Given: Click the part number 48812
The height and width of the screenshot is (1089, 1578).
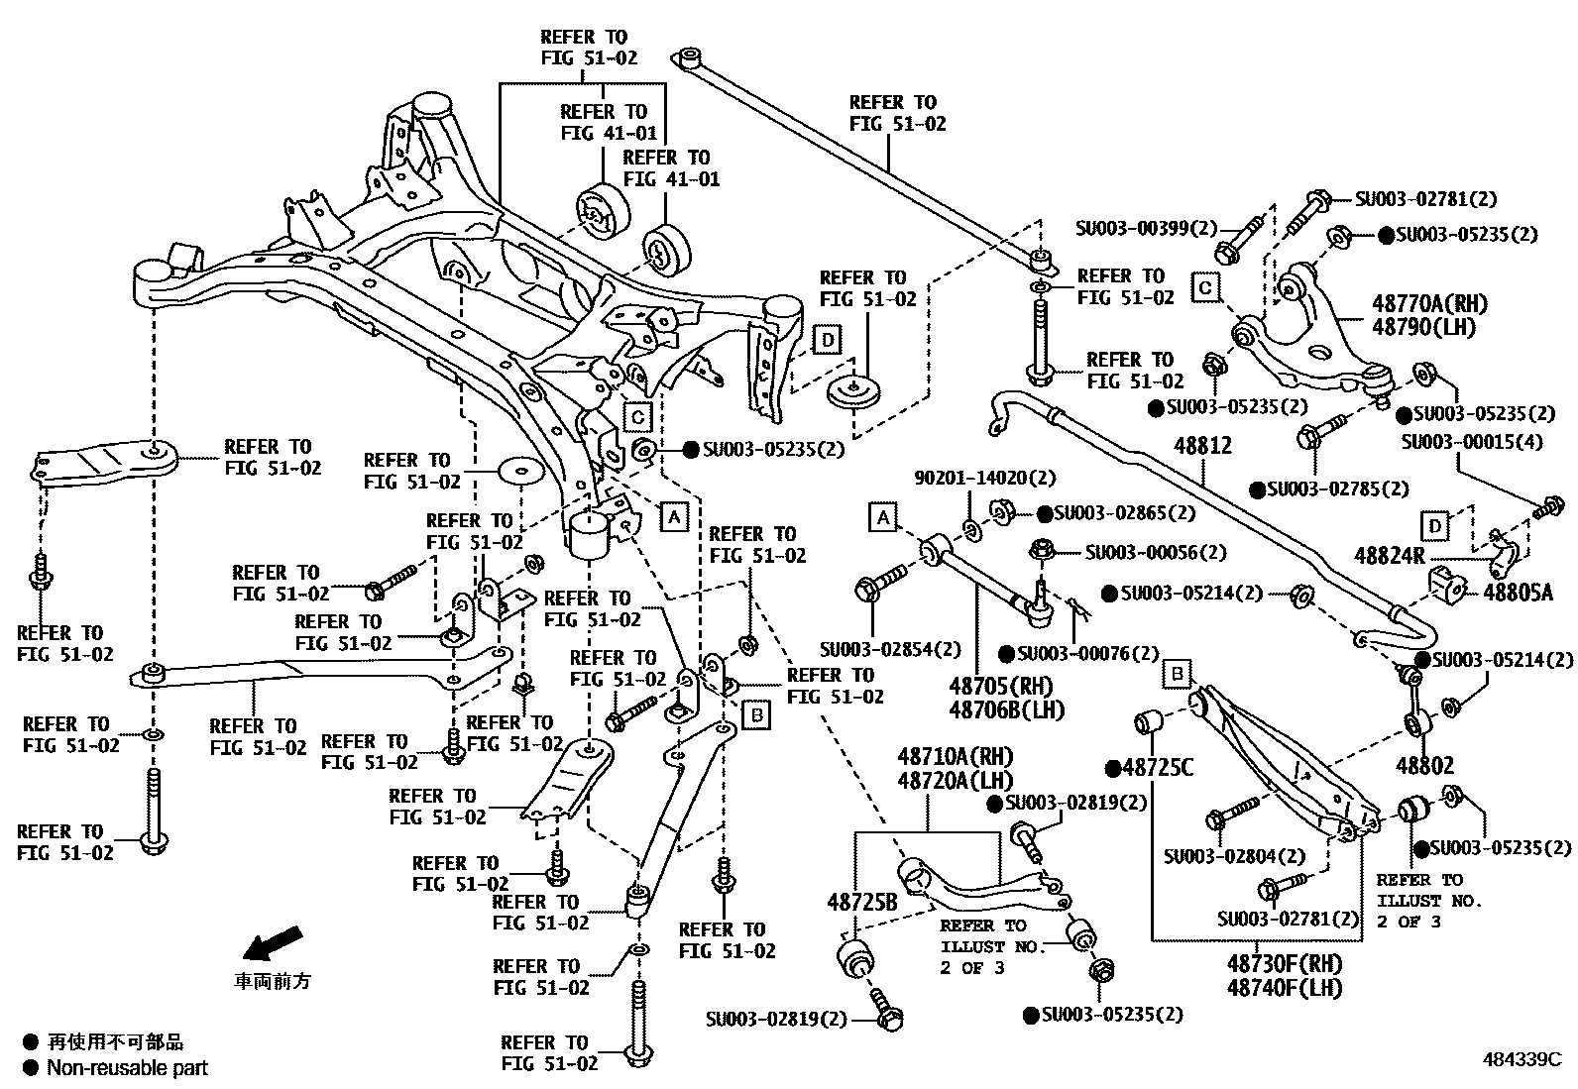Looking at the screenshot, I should click(x=1203, y=446).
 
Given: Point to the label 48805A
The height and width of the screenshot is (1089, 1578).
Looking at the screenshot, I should click(x=1525, y=593).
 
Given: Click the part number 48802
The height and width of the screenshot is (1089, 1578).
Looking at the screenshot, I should click(x=1425, y=765).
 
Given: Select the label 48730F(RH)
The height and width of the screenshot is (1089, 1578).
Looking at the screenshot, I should click(x=1285, y=963).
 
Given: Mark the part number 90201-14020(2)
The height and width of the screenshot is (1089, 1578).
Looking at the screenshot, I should click(x=970, y=479).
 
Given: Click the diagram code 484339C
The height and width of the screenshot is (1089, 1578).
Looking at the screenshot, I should click(x=1522, y=1057).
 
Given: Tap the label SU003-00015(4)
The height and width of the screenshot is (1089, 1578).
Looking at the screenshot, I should click(x=1471, y=442).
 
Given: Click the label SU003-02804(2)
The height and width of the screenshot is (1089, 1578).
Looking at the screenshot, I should click(x=1235, y=855).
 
